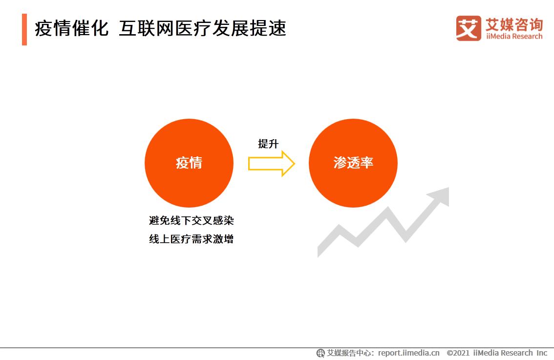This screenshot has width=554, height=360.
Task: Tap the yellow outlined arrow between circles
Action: click(x=271, y=164)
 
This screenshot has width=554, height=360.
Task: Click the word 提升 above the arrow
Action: click(x=268, y=144)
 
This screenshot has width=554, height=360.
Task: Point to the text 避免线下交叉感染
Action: click(x=191, y=220)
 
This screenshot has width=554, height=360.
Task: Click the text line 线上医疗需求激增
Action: click(x=191, y=239)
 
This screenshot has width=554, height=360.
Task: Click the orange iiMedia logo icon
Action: click(x=468, y=28)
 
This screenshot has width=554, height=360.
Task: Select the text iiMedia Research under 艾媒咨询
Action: click(x=514, y=36)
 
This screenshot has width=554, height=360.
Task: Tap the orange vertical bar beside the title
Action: click(x=24, y=29)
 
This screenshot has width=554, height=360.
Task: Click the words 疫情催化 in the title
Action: click(x=71, y=29)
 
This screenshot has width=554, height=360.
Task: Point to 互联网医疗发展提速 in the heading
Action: click(x=202, y=29)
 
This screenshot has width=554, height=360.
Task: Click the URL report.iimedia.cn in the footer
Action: click(x=408, y=353)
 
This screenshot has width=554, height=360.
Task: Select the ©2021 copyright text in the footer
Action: click(x=458, y=353)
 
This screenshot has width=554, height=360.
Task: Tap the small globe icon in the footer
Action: click(x=320, y=353)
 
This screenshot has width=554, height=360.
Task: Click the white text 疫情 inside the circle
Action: click(x=189, y=163)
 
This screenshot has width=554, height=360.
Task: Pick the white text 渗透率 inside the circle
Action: click(x=353, y=163)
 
